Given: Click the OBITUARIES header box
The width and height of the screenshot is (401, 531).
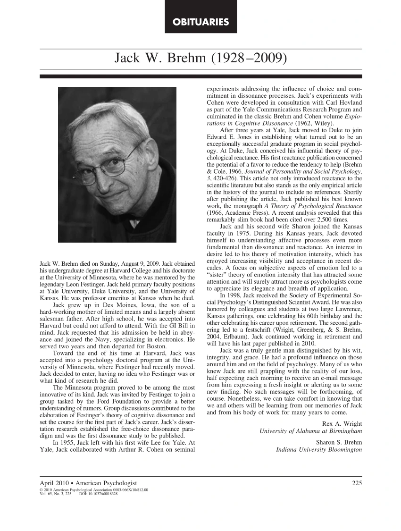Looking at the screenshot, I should pyautogui.click(x=200, y=22).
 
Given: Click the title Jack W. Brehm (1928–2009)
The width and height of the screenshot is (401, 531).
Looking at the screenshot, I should pyautogui.click(x=200, y=59).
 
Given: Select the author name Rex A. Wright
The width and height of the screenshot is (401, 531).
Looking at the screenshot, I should pyautogui.click(x=342, y=423).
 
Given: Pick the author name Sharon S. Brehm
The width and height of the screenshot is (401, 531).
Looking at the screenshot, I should pyautogui.click(x=339, y=442).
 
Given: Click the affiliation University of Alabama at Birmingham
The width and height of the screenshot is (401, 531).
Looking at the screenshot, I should pyautogui.click(x=311, y=431).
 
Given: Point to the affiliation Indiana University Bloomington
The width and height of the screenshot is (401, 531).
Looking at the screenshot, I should pyautogui.click(x=319, y=450).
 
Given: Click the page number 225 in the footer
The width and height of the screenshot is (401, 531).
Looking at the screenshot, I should pyautogui.click(x=357, y=483).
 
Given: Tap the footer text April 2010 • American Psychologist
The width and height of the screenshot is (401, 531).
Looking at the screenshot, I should pyautogui.click(x=89, y=483).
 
